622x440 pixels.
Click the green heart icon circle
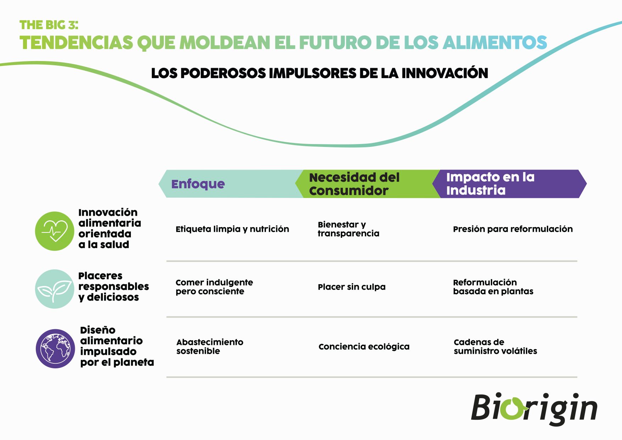(x=55, y=231)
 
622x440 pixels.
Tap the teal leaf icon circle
(x=55, y=289)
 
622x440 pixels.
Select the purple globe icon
(x=55, y=348)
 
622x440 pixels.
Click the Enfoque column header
(x=198, y=184)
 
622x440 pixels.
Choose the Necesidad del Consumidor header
(x=354, y=184)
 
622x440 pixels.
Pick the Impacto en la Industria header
(x=490, y=183)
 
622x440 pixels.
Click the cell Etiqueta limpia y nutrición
(x=232, y=229)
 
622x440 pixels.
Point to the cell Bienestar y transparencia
(x=349, y=229)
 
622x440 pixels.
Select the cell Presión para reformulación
(x=513, y=229)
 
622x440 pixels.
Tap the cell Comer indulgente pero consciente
(x=214, y=287)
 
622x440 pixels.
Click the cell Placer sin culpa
(x=351, y=287)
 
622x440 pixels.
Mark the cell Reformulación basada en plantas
(x=493, y=287)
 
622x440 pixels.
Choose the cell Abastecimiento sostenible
(x=210, y=346)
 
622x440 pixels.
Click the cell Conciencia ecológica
(x=364, y=346)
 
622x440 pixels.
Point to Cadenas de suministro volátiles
(x=495, y=346)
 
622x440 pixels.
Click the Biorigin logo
(x=534, y=409)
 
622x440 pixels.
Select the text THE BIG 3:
(x=49, y=25)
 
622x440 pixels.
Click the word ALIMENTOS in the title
(x=495, y=42)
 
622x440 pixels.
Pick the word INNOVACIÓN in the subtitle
(x=445, y=73)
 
